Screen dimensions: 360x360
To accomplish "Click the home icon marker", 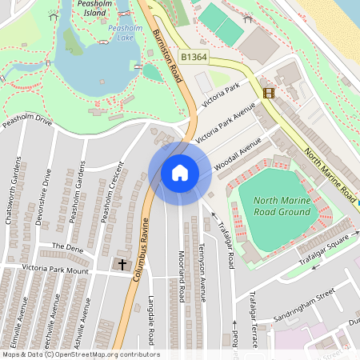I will click(180, 173).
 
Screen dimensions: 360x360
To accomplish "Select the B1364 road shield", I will click(194, 58).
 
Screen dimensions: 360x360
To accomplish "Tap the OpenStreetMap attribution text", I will click(80, 354).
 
